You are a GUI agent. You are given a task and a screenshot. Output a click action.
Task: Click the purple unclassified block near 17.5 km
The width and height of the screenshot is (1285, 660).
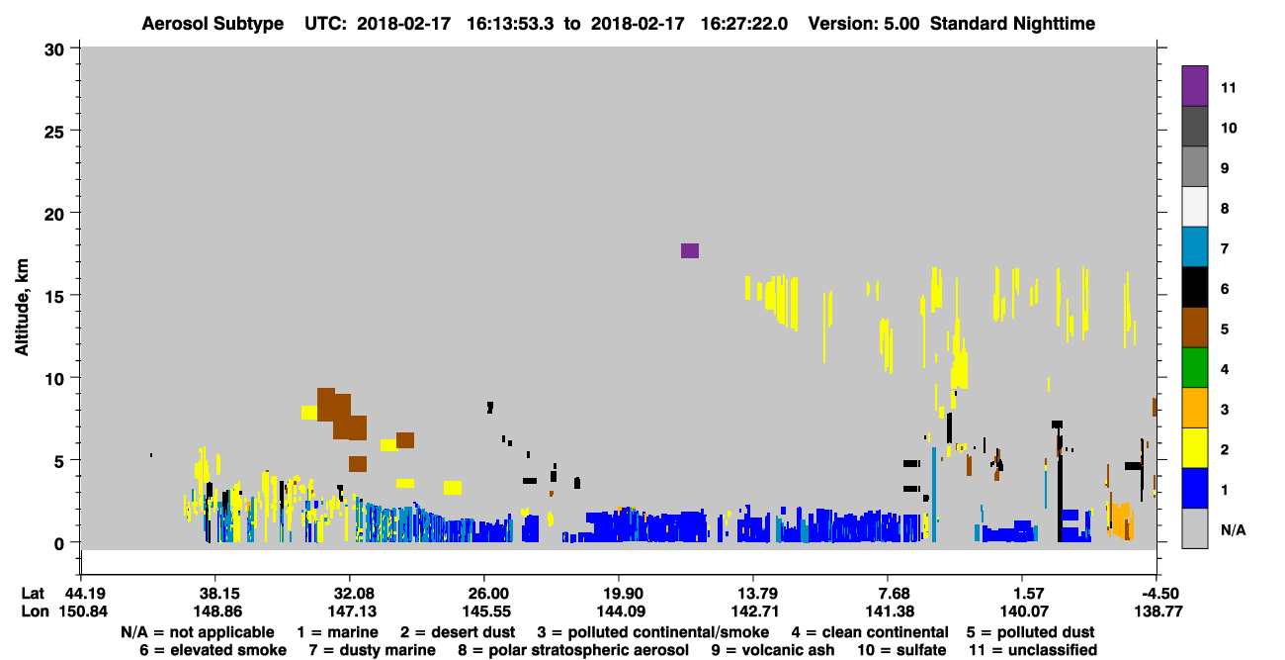click(690, 251)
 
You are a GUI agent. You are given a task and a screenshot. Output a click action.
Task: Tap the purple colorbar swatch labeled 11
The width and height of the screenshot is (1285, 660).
click(1194, 86)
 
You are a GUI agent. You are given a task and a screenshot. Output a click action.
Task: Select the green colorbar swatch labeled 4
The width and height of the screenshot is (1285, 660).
click(1194, 368)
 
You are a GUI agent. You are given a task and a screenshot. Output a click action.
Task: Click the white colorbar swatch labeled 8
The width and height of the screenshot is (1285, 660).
click(1194, 207)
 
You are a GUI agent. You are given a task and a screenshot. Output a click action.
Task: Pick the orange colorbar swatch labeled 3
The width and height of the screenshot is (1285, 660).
click(1194, 408)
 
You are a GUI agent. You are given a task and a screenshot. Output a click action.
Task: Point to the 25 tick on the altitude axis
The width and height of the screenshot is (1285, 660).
click(75, 131)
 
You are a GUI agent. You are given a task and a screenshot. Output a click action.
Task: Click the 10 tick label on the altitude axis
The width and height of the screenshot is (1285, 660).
click(54, 379)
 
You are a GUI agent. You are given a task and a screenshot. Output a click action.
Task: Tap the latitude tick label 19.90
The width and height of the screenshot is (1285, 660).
click(619, 594)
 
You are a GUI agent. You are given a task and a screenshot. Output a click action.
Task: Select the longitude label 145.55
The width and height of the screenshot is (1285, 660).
click(484, 612)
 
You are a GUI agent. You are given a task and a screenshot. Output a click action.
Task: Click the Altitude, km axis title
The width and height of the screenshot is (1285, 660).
click(22, 308)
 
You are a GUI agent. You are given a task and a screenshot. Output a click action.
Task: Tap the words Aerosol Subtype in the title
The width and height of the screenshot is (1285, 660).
click(213, 24)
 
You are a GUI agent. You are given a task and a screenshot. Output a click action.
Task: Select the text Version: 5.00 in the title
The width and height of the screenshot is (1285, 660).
click(864, 24)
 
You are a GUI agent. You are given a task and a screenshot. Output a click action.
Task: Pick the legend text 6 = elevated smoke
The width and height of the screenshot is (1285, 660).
click(213, 650)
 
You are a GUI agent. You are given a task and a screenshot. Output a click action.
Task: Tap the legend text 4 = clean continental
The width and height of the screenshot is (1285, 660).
click(870, 632)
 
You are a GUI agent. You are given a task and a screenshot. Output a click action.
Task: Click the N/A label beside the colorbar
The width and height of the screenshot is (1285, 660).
click(1234, 529)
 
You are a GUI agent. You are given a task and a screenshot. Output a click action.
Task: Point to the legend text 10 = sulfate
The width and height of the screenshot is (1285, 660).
click(901, 650)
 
